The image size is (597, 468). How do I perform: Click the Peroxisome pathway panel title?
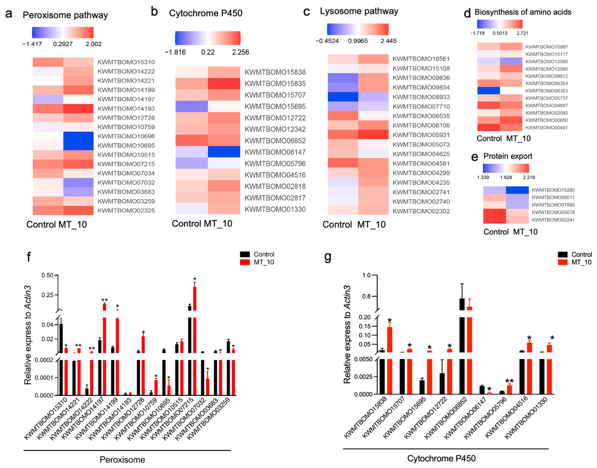click(65, 15)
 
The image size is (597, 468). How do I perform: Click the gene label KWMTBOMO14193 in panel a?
click(126, 109)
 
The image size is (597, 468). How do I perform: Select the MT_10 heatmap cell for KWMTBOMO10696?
click(78, 136)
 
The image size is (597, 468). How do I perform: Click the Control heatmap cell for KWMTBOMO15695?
click(191, 106)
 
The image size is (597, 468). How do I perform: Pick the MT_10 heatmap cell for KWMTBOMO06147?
click(224, 152)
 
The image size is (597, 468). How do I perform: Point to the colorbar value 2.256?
click(240, 52)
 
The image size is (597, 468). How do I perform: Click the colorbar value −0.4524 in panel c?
click(327, 41)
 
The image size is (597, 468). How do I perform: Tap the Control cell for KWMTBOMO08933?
click(343, 97)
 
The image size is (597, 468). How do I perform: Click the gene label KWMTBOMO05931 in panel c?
click(421, 135)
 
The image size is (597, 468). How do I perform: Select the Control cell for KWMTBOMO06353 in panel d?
click(488, 91)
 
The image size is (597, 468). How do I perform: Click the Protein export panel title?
click(507, 156)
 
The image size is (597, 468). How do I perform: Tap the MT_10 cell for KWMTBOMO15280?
click(517, 190)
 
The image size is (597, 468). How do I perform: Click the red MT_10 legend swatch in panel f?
click(245, 262)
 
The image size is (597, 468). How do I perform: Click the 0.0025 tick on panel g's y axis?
click(363, 377)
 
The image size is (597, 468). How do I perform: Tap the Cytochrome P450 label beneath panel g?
click(441, 458)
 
